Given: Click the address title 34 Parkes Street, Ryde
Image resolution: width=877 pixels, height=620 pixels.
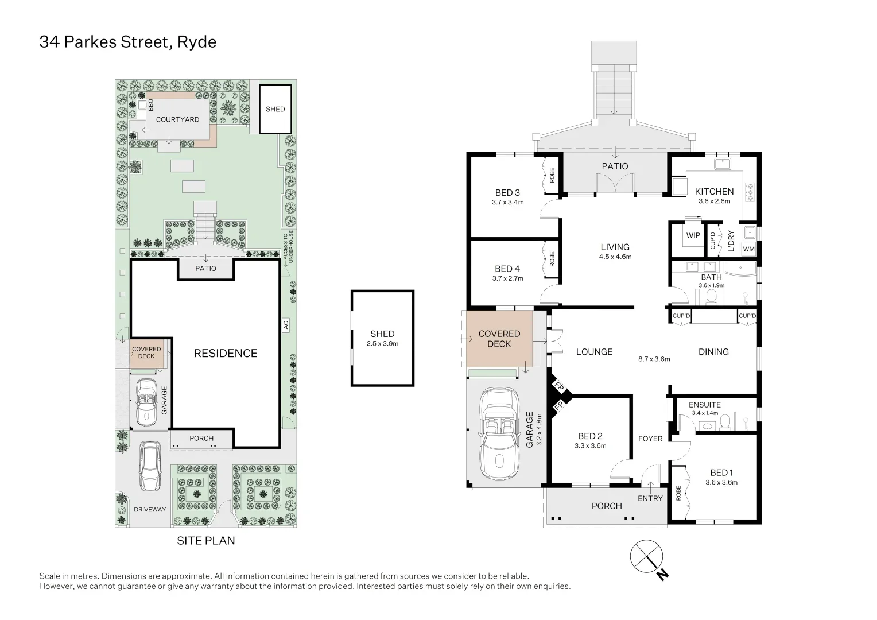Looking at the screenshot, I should [127, 42].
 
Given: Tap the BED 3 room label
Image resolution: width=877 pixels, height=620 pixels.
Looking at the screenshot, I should [507, 193].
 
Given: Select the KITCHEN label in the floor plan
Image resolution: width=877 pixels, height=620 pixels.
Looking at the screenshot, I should [714, 192].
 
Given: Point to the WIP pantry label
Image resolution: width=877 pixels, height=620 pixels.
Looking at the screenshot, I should [693, 235].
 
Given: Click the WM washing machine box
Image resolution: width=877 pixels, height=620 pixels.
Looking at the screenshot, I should [748, 249].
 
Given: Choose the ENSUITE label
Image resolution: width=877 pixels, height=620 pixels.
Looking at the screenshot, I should [704, 405].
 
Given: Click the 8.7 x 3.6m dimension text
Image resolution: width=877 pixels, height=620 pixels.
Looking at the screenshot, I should [654, 359].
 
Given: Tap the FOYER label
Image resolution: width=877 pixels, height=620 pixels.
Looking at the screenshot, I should [650, 439].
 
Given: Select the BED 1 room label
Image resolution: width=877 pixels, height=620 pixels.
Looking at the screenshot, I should [721, 473].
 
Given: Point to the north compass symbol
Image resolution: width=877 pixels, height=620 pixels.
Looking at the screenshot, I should [647, 557].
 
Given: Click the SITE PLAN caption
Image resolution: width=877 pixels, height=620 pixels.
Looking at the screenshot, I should [205, 541].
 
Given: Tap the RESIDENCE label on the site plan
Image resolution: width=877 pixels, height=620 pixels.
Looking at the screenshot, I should [226, 354].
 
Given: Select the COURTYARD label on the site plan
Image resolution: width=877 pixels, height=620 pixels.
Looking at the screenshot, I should [177, 119].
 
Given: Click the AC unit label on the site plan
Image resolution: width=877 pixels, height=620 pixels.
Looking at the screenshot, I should [286, 325].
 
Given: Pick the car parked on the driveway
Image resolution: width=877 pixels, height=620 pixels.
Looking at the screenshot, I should [150, 466].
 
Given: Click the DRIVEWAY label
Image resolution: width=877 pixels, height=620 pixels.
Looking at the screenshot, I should [150, 510].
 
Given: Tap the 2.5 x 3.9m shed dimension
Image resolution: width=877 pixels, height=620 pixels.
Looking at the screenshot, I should [382, 344].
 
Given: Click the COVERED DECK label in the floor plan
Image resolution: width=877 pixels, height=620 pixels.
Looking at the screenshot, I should [499, 339].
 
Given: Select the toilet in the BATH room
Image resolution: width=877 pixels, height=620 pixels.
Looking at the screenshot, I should [712, 296].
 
